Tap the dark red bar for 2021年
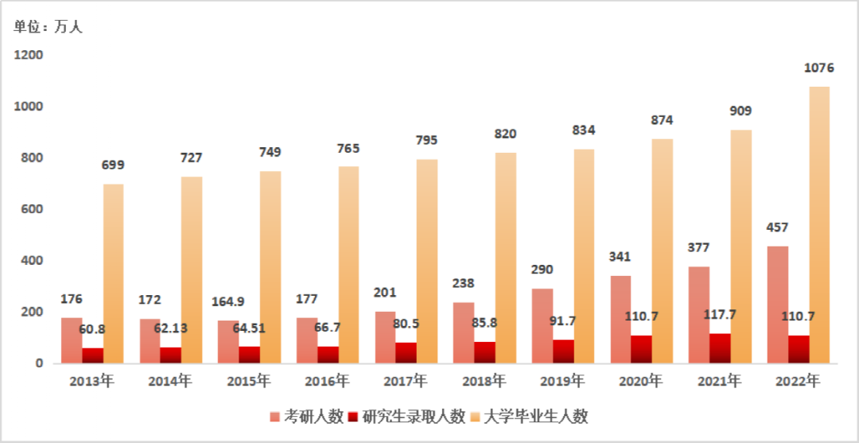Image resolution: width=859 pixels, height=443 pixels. coord(719,348)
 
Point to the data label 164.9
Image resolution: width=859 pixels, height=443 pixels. coord(228,301)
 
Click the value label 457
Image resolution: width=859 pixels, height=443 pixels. coord(776,227)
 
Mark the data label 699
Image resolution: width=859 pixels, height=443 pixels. coord(113,165)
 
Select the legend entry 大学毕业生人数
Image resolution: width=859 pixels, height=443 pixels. coord(537,416)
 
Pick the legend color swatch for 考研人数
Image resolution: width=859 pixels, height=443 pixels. coord(274,416)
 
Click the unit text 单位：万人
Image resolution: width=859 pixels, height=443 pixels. coord(48,27)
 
